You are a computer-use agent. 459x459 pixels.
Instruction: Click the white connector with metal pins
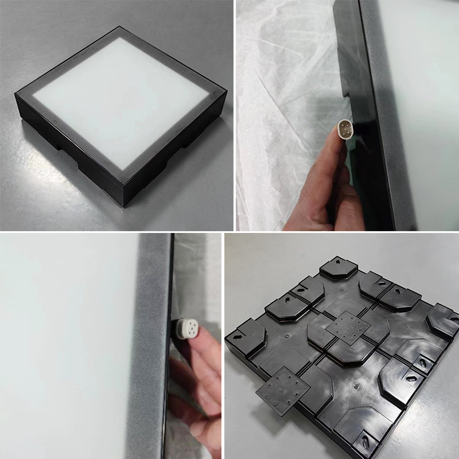click(345, 126)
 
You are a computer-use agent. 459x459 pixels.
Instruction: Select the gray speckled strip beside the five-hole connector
click(149, 344)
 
